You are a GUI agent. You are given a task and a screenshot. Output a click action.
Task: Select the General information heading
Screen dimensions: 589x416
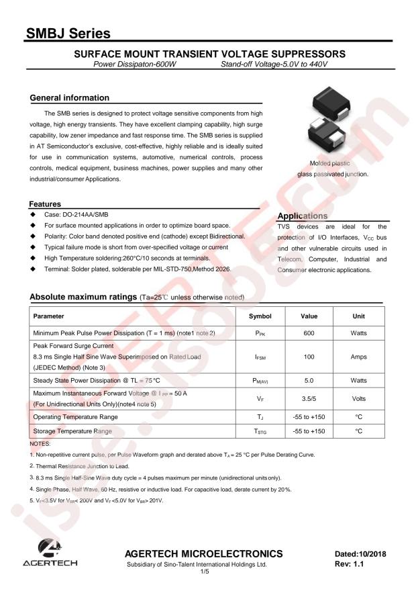tap(69, 98)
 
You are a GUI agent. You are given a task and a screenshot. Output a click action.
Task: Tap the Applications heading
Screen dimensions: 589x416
tap(302, 216)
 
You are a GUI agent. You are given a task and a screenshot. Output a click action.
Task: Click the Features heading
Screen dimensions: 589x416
tap(46, 203)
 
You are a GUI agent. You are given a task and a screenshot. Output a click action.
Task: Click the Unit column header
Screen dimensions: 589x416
tap(358, 316)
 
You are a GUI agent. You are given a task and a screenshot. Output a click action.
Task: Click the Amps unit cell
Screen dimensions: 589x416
tap(358, 357)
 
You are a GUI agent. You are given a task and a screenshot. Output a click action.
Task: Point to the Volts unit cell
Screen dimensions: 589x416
tap(358, 398)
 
